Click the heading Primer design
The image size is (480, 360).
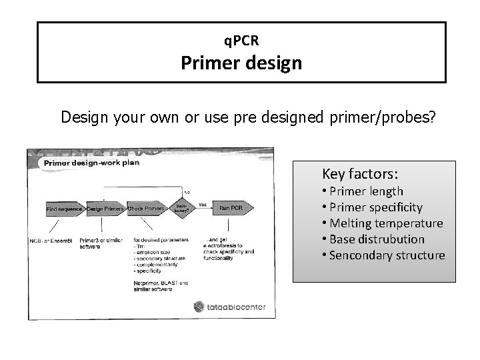click(242, 64)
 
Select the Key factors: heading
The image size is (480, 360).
click(360, 174)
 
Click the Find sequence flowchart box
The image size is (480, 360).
click(64, 209)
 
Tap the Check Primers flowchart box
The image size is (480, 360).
click(145, 209)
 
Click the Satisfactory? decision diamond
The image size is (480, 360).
click(182, 208)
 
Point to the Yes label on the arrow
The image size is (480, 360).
click(203, 203)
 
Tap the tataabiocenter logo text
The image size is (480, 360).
click(230, 307)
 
